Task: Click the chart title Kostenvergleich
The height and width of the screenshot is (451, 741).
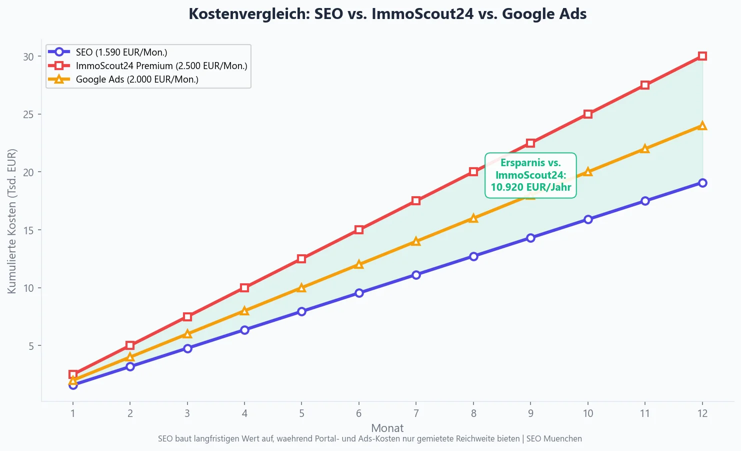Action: tap(387, 14)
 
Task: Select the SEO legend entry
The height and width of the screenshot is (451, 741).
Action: tap(121, 52)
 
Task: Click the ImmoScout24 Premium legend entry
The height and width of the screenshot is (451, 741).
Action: tap(161, 66)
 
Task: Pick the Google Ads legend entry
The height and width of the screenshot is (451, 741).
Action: tap(136, 79)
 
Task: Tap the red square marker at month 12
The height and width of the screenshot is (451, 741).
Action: tap(702, 56)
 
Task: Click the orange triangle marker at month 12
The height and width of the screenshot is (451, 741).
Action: tap(702, 126)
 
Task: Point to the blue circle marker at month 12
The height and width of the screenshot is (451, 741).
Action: tap(702, 183)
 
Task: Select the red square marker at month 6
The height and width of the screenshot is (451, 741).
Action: tap(359, 230)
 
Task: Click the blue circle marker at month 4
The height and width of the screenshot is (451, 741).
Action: tap(244, 330)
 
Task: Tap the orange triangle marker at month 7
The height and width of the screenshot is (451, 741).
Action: tap(416, 241)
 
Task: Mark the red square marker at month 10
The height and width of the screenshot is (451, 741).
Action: tap(588, 114)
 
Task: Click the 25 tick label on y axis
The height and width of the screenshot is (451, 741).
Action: tap(28, 115)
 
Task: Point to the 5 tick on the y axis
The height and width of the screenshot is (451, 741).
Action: tap(31, 346)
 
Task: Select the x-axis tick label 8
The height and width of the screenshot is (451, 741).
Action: tap(473, 413)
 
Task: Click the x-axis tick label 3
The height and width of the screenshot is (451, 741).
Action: tap(187, 413)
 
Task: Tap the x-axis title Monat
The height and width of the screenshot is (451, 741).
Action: tap(387, 428)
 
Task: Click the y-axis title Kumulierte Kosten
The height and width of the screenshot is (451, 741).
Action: tap(12, 221)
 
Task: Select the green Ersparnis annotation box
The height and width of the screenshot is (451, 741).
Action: tap(530, 175)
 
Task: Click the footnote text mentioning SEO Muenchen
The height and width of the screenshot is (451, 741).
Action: tap(370, 439)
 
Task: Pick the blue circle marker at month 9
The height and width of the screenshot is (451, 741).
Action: tap(530, 238)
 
